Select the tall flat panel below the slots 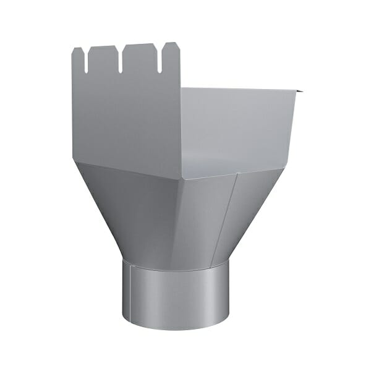tap(124, 117)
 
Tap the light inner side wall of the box tap(241, 124)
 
